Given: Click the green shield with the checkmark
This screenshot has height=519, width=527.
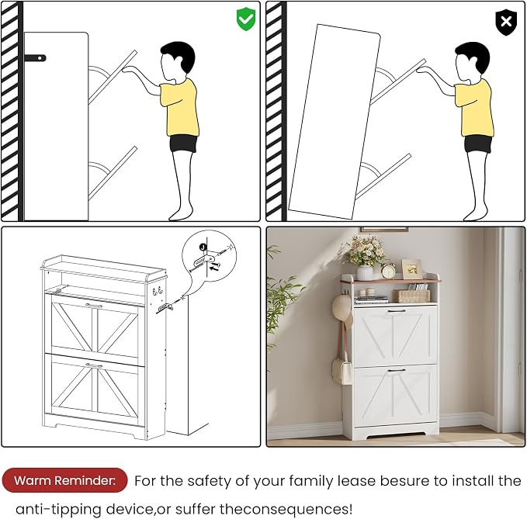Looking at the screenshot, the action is coord(246,19).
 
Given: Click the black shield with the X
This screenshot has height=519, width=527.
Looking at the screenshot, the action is coord(506,22).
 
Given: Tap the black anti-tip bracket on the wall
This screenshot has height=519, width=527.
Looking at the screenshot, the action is coord(35,58).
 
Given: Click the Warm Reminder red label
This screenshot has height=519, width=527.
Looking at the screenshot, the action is coord(64,480).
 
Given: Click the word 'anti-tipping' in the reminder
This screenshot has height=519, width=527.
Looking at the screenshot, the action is coord(59,509).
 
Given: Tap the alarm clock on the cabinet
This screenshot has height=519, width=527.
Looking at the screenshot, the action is coord(388,270).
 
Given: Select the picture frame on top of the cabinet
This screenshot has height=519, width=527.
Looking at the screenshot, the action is coord(411,268).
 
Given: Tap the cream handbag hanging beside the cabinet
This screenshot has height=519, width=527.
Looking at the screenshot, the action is coord(342,371).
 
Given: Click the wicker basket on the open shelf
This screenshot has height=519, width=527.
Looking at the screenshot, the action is coord(412,296).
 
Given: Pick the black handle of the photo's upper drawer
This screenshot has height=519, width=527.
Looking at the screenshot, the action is coord(397,312).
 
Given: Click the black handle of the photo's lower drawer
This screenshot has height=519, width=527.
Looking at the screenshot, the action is coord(397,371).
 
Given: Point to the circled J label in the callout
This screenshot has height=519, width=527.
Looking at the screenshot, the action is coord(203,247).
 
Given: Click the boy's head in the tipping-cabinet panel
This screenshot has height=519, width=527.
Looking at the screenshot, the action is coord(472,61).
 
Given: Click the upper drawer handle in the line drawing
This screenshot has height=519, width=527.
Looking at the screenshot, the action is coord(93,306).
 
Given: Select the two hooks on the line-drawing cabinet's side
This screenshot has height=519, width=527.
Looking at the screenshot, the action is coord(158,291).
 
